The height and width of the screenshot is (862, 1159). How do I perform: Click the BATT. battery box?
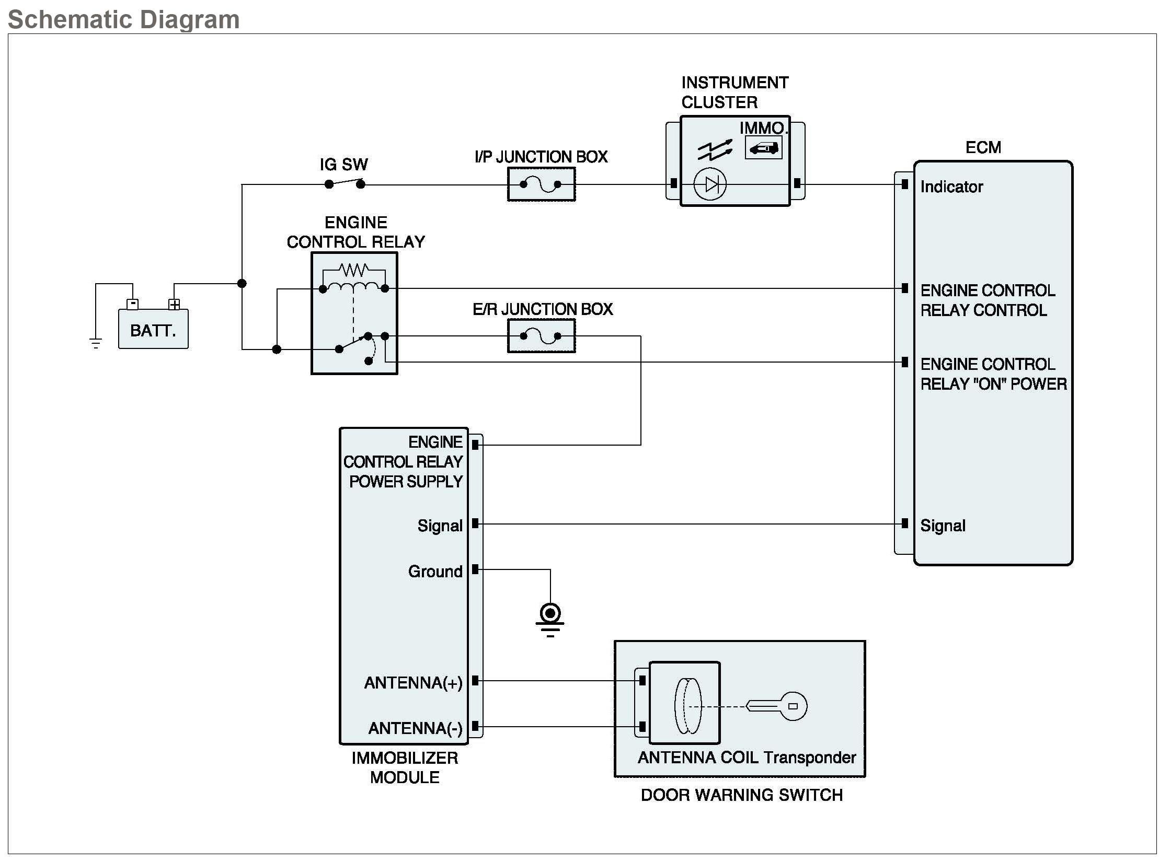click(153, 330)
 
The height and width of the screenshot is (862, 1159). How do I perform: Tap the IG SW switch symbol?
click(345, 183)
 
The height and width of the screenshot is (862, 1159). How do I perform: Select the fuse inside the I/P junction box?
click(541, 184)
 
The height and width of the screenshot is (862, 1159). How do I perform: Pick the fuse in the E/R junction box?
click(541, 336)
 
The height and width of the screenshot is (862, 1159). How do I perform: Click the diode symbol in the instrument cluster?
click(710, 184)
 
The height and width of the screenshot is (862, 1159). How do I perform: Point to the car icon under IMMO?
click(763, 148)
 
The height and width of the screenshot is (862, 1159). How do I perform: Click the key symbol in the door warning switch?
click(777, 706)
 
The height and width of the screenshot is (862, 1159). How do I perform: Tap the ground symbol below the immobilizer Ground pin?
click(550, 619)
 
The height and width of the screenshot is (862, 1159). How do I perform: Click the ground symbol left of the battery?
click(96, 343)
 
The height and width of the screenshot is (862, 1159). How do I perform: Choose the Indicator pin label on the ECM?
click(951, 187)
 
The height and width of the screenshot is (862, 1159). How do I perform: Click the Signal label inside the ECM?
click(943, 526)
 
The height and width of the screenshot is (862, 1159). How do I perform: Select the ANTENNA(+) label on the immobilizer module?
click(413, 682)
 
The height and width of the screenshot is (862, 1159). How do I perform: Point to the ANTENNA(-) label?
click(415, 728)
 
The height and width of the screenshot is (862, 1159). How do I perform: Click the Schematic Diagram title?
click(124, 19)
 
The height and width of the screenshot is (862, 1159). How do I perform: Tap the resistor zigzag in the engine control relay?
click(354, 270)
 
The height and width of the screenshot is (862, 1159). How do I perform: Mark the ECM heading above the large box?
click(983, 147)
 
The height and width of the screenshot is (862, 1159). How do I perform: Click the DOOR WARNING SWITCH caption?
click(741, 795)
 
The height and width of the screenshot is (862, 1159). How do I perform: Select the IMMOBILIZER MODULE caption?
click(405, 767)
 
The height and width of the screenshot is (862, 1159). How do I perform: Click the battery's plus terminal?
click(174, 304)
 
